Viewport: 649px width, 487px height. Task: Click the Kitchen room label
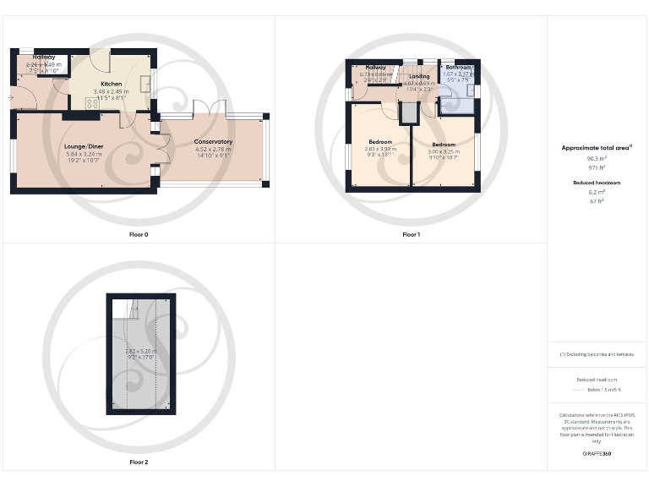pos(112,85)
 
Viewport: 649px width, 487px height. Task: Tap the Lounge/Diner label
pos(83,146)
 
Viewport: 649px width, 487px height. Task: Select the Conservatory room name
pos(213,141)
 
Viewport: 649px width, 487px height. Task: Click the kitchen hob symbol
pos(90,103)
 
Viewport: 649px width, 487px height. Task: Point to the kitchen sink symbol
pos(146,84)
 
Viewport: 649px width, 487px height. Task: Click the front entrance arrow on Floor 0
pos(10,98)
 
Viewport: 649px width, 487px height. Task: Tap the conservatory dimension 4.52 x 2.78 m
pos(213,149)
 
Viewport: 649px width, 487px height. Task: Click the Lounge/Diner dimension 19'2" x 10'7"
pos(83,161)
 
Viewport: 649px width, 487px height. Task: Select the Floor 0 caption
pos(139,234)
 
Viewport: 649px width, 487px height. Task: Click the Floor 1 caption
pos(411,234)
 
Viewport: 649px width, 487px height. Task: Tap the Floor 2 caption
pos(139,462)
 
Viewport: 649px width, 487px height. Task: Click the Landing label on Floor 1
pos(419,76)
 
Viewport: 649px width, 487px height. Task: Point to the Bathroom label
pos(459,67)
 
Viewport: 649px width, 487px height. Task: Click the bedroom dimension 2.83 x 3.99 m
pos(380,148)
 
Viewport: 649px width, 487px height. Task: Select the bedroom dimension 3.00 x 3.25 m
pos(444,151)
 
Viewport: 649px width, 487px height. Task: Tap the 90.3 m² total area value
pos(597,158)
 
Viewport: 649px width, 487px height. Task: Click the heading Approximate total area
pos(597,148)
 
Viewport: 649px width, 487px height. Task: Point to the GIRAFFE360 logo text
pos(597,454)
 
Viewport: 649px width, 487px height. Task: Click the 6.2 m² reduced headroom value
pos(597,192)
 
